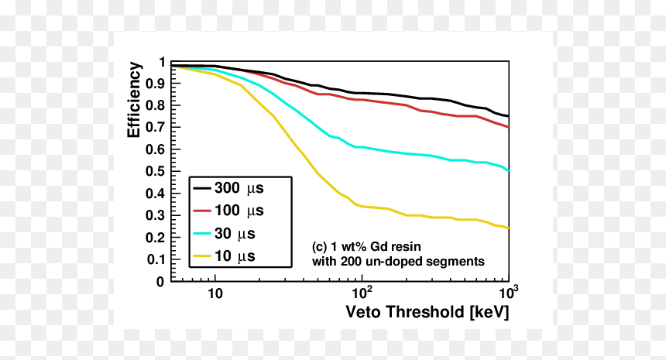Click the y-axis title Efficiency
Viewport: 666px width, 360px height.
pyautogui.click(x=134, y=100)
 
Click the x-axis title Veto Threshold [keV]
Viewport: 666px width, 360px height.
pyautogui.click(x=427, y=312)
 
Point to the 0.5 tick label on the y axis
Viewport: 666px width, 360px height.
pyautogui.click(x=155, y=171)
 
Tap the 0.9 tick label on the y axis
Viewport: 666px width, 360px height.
pyautogui.click(x=155, y=83)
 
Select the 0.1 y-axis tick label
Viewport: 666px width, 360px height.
pyautogui.click(x=155, y=259)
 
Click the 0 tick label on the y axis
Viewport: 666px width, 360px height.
pyautogui.click(x=160, y=282)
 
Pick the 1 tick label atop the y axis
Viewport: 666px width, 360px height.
pyautogui.click(x=161, y=63)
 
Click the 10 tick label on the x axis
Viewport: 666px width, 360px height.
pyautogui.click(x=215, y=293)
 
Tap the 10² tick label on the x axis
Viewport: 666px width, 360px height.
pyautogui.click(x=362, y=293)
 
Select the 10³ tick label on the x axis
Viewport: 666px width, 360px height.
pyautogui.click(x=509, y=293)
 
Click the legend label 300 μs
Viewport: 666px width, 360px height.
pyautogui.click(x=239, y=188)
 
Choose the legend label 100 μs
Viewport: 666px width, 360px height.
pyautogui.click(x=239, y=211)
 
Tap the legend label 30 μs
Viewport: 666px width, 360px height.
pyautogui.click(x=235, y=234)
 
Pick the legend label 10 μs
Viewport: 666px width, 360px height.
pyautogui.click(x=235, y=256)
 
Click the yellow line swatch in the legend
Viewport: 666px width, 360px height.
pyautogui.click(x=202, y=256)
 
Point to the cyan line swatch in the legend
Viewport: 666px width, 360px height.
pyautogui.click(x=202, y=234)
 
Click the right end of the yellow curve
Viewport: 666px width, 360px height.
pyautogui.click(x=509, y=228)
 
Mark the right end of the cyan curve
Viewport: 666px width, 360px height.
pyautogui.click(x=509, y=170)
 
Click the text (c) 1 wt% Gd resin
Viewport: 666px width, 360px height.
pyautogui.click(x=366, y=247)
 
